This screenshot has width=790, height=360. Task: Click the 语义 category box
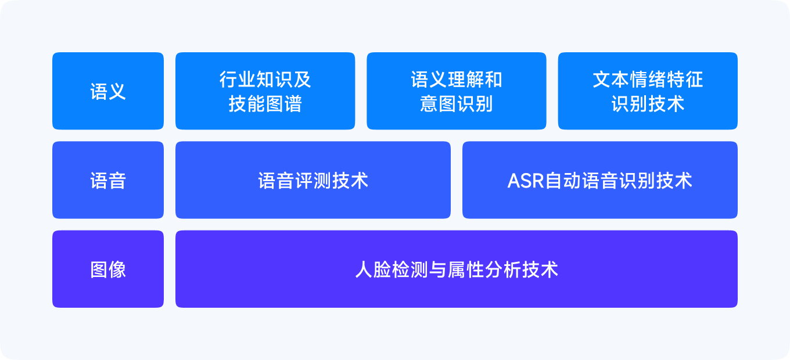point(108,91)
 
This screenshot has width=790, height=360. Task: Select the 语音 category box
point(108,180)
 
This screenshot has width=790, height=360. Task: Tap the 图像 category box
point(108,269)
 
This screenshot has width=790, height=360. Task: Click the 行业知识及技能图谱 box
point(265,91)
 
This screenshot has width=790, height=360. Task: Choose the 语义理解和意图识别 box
point(457,91)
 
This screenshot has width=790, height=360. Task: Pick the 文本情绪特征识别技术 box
point(648,91)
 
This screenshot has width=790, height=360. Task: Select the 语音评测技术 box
point(313,180)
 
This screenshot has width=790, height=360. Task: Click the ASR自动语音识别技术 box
point(600,180)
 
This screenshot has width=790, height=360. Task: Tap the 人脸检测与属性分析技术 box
point(457,269)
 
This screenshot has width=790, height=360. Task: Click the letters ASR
point(526,181)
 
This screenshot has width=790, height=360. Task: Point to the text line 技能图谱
point(265,104)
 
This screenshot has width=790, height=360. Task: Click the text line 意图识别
point(457,104)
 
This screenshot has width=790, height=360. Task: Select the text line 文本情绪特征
point(648,79)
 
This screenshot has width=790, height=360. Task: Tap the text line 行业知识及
point(265,79)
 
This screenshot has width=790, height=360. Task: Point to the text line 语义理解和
point(457,79)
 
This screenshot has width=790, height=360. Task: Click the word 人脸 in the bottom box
point(373,270)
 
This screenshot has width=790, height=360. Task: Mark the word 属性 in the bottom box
point(466,270)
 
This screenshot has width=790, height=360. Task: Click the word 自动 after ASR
point(563,181)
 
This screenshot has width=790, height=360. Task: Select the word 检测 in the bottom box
point(410,270)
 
